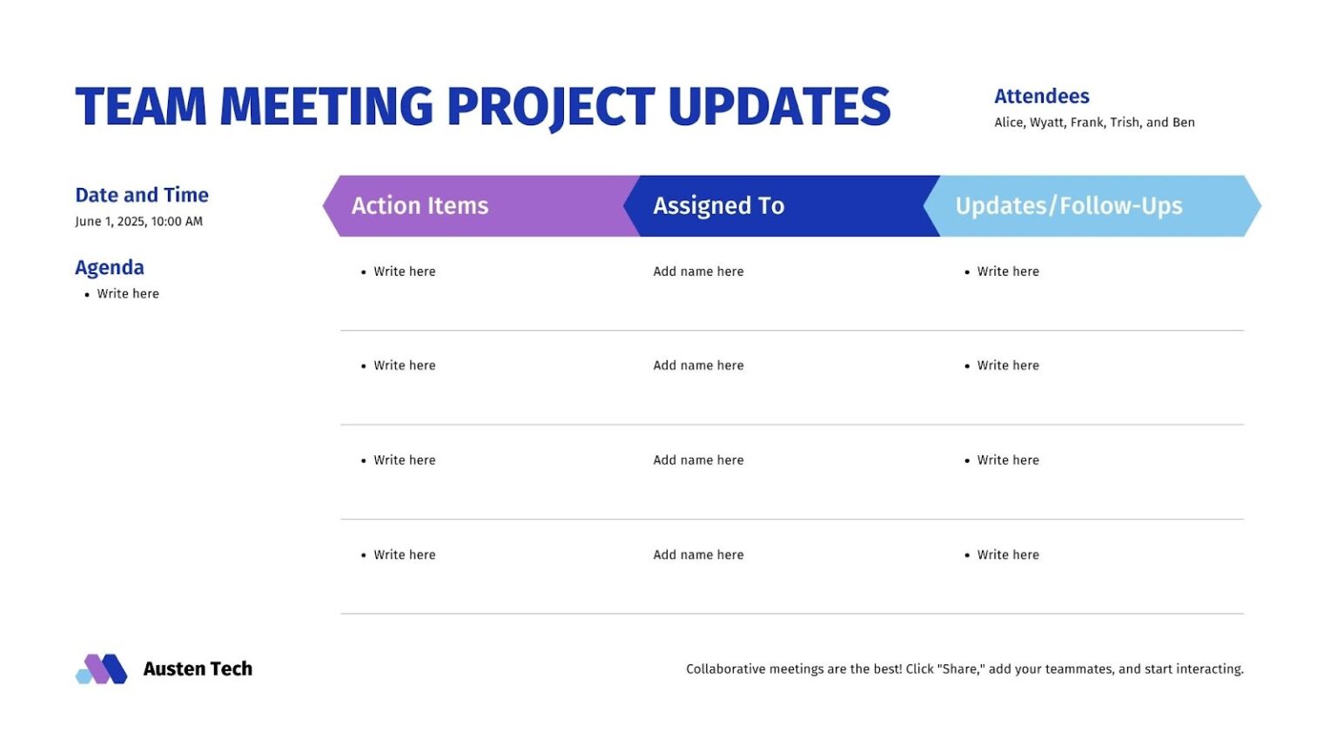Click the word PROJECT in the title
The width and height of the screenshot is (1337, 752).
click(550, 106)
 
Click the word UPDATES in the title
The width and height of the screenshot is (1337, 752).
click(779, 106)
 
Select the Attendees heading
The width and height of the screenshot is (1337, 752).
click(1041, 96)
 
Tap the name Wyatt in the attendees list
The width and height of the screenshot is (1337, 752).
click(1046, 123)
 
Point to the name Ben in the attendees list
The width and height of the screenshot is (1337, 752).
click(1183, 123)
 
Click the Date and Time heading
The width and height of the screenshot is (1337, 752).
click(142, 195)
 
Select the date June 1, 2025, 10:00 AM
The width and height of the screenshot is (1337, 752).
click(138, 221)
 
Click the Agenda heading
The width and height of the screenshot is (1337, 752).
click(110, 267)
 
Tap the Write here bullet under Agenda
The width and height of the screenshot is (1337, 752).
click(128, 294)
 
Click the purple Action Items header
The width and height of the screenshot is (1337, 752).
click(420, 205)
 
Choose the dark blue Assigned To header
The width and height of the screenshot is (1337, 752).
click(719, 205)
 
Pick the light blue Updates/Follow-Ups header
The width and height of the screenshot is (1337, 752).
click(1069, 205)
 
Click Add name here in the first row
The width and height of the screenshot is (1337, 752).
click(698, 272)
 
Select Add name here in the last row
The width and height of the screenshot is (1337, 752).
click(698, 554)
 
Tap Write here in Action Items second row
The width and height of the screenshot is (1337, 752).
click(405, 366)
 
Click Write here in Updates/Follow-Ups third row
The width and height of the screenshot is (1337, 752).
click(1008, 460)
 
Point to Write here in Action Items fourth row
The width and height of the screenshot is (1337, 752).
click(405, 554)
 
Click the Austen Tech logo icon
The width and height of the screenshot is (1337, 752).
click(102, 668)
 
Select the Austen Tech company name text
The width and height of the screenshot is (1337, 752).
click(198, 668)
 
